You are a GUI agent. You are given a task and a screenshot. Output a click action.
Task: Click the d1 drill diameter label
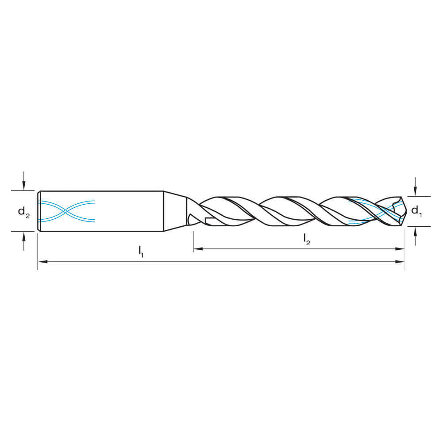click(x=416, y=211)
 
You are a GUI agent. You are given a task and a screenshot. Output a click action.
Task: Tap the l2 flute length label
click(x=306, y=239)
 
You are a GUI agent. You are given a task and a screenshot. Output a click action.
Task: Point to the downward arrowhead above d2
click(x=24, y=187)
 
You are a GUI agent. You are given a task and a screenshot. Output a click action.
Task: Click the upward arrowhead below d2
click(x=24, y=235)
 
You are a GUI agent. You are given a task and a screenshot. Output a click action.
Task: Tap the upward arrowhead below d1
click(x=415, y=230)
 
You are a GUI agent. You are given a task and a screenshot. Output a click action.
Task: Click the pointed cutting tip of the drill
click(x=404, y=211)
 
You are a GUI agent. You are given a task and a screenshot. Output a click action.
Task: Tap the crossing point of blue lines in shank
click(x=66, y=211)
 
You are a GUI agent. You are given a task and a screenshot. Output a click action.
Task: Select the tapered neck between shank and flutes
click(x=175, y=211)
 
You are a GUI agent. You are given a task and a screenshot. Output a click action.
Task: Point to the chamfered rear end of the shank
click(x=39, y=211)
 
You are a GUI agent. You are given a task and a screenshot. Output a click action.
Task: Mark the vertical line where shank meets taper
click(x=164, y=211)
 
